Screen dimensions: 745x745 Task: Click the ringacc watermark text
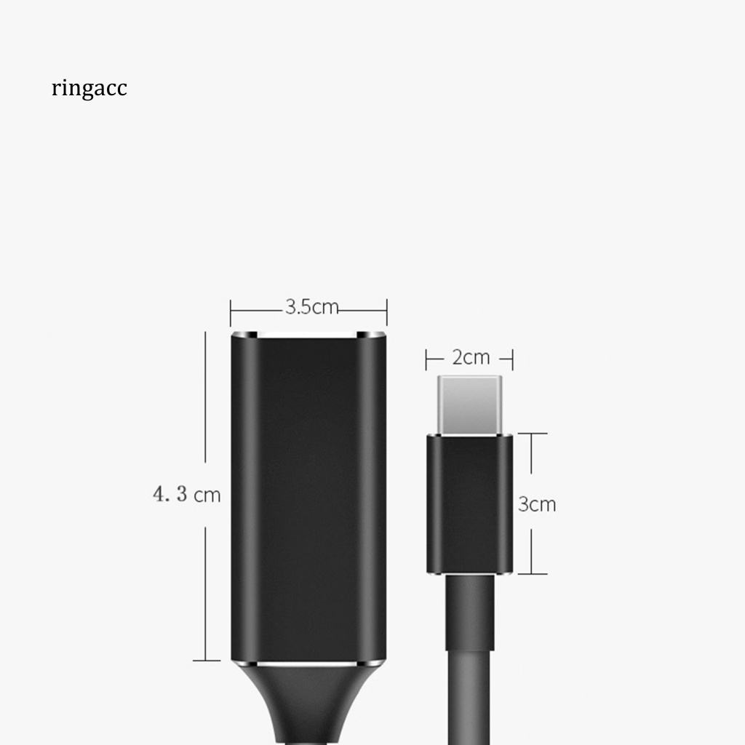coord(89,89)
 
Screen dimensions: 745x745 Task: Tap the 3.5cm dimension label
coord(311,307)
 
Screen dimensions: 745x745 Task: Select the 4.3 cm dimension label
coord(186,495)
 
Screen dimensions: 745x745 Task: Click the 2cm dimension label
coord(471,358)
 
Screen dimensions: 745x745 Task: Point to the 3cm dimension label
coord(537,504)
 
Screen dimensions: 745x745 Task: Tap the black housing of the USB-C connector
coord(470,502)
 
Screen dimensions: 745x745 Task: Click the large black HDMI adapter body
coord(308,495)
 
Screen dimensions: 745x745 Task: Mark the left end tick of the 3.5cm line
coord(231,312)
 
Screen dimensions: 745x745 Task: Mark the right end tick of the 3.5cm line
coord(386,312)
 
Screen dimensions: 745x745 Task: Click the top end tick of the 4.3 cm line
coord(206,333)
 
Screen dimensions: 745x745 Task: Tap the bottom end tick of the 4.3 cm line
coord(206,660)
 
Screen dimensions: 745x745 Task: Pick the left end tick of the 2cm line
coord(427,359)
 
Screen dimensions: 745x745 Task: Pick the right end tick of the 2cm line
coord(513,359)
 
